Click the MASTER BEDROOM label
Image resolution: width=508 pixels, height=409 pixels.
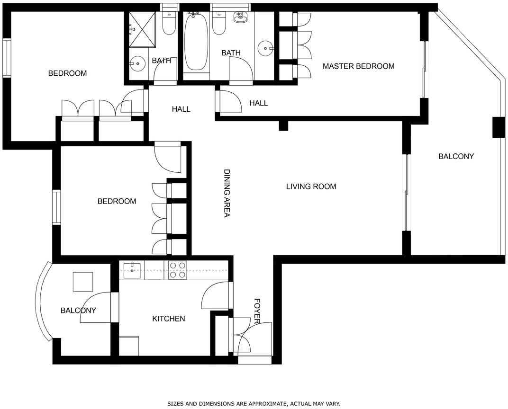358,66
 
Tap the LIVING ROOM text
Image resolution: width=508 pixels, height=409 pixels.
311,187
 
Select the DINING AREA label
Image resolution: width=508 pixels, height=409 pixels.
227,193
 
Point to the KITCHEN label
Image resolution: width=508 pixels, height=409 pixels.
169,319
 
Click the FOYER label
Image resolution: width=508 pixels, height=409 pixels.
257,311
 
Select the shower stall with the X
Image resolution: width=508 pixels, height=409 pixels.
142,29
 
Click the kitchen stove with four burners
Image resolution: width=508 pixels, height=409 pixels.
178,270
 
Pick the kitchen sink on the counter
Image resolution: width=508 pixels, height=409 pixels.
132,270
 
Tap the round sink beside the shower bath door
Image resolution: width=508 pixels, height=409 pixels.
138,63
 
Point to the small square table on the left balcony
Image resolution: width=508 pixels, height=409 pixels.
83,282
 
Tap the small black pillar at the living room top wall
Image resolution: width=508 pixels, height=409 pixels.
283,125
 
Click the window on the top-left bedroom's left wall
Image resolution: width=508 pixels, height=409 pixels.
7,58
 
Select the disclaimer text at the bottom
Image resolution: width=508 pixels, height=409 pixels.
254,403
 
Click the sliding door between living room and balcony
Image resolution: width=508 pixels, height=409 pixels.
406,193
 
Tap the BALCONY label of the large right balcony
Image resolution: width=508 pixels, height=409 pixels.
456,157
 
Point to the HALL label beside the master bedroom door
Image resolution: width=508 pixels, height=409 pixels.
259,103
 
